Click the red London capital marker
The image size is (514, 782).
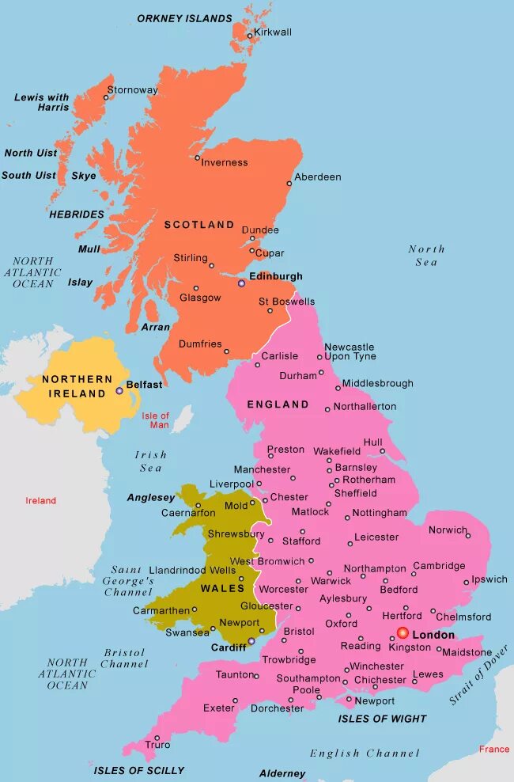point(403,633)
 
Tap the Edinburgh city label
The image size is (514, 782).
point(276,276)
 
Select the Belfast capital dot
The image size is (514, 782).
point(119,390)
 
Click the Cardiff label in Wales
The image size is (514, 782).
point(229,647)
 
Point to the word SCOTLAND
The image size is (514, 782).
point(199,225)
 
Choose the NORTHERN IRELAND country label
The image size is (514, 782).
point(74,386)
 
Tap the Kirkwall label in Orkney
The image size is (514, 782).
point(273,32)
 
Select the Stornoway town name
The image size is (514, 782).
point(132,90)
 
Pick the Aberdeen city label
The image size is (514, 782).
point(318,177)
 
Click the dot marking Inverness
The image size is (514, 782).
point(198,158)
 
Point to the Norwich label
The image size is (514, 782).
point(448,530)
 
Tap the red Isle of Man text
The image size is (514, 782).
point(156,420)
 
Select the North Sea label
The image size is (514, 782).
point(426,255)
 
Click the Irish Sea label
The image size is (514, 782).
point(151,461)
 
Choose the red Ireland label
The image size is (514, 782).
point(41,500)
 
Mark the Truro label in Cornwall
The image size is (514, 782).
point(157,745)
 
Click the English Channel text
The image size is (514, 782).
point(364,754)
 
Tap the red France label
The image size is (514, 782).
point(494,749)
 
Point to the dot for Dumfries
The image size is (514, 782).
point(226,352)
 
